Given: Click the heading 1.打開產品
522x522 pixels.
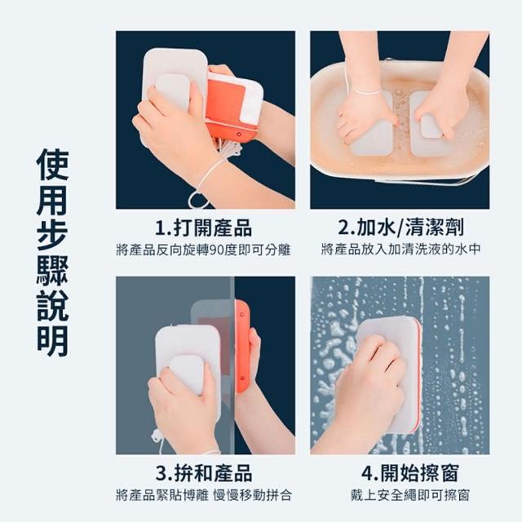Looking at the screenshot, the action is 203,228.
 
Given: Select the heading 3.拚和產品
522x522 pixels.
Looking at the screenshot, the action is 204,473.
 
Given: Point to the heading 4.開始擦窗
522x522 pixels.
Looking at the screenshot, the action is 409,473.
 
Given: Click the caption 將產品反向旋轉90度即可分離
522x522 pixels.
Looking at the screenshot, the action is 203,250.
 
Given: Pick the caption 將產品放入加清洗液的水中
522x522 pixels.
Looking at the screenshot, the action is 400,249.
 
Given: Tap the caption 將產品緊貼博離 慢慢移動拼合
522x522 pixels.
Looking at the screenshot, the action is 204,495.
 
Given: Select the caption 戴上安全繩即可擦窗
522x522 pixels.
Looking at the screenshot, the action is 409,495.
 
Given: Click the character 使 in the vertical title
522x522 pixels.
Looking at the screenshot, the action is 52,165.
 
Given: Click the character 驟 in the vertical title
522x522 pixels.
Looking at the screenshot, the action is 52,270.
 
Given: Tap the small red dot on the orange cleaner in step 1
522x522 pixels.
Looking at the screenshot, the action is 239,134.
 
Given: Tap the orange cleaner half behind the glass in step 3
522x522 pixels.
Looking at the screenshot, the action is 242,346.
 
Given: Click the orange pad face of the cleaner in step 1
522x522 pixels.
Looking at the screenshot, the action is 226,100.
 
